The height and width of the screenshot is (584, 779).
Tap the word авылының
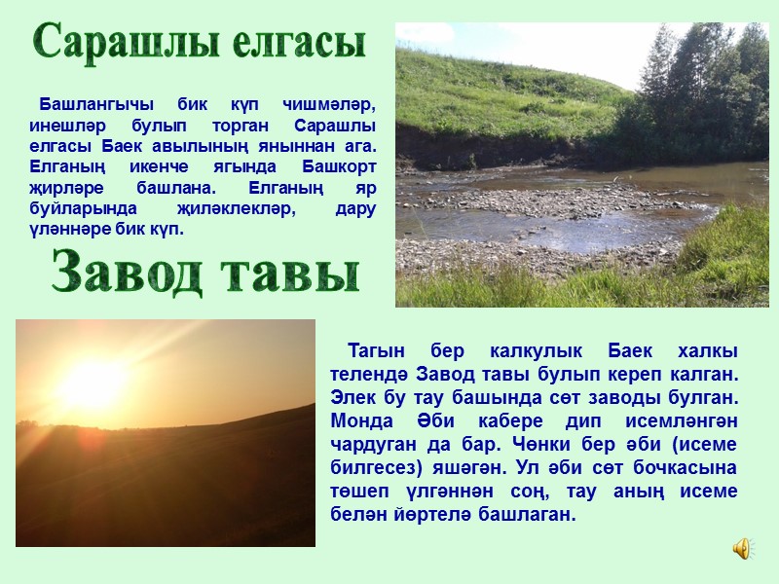(224, 146)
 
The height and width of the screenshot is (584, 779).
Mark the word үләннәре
(69, 230)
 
